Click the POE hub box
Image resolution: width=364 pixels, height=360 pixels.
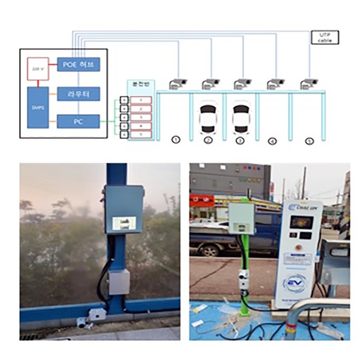78,64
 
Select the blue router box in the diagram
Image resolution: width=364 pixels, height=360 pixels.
78,93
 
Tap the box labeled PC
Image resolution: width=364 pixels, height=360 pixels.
78,121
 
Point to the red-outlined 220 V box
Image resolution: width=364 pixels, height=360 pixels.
36,69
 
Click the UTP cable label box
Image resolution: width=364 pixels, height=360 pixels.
324,38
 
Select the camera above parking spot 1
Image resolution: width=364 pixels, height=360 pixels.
178,84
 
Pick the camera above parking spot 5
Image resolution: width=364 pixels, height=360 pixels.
309,84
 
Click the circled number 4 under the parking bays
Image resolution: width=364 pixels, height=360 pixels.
272,141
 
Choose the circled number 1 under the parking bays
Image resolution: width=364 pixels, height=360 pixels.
176,139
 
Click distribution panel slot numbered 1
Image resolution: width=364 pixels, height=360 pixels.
141,99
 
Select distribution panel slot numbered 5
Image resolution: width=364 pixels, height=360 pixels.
141,133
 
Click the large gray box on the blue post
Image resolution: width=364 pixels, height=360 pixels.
124,209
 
